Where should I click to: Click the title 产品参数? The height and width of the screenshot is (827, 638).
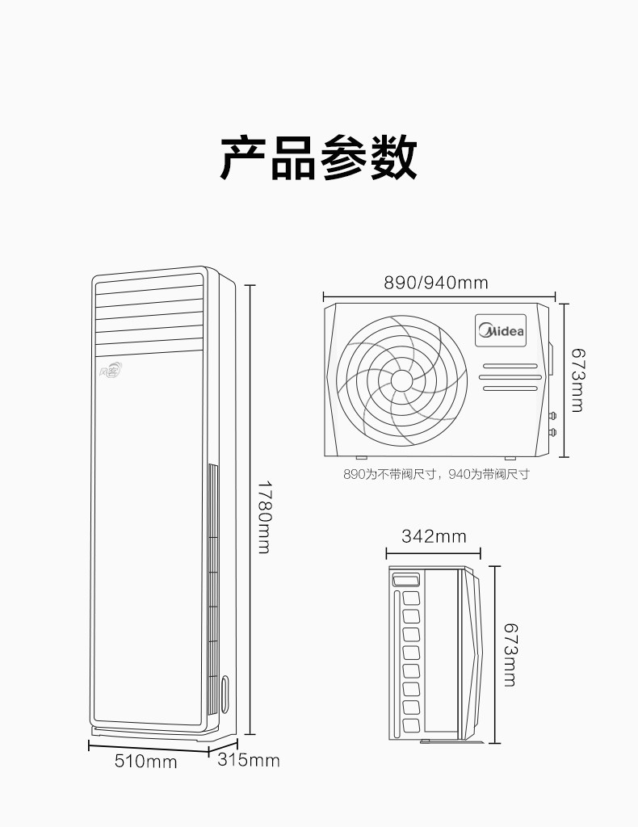click(319, 157)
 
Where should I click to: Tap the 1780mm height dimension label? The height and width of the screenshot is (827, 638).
click(264, 517)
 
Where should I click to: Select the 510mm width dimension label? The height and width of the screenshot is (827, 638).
click(145, 761)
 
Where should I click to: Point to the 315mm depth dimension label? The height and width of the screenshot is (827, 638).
click(249, 760)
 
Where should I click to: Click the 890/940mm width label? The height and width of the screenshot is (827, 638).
click(436, 283)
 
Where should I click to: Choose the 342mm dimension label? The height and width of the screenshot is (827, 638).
click(434, 536)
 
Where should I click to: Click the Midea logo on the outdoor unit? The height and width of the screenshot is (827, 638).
click(502, 330)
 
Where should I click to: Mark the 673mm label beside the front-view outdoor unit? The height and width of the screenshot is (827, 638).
click(577, 380)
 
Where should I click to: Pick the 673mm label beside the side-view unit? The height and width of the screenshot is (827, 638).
click(509, 654)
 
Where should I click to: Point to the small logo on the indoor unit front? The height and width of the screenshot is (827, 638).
click(111, 371)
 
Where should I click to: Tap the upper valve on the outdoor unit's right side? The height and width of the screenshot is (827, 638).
click(554, 417)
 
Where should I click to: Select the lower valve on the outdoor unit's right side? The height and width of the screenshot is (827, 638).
click(554, 431)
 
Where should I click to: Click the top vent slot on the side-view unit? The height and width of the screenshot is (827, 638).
click(405, 580)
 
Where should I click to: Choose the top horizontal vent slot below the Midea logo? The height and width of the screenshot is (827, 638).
click(510, 366)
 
